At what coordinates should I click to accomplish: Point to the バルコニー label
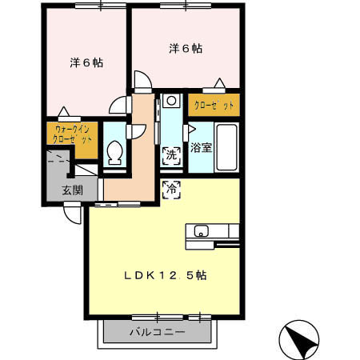pyautogui.click(x=157, y=332)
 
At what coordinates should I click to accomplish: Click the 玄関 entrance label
pyautogui.click(x=72, y=190)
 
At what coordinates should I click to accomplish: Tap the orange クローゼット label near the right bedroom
pyautogui.click(x=214, y=104)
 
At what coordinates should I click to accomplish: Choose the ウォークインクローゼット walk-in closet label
pyautogui.click(x=72, y=134)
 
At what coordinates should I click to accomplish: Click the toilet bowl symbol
pyautogui.click(x=114, y=153)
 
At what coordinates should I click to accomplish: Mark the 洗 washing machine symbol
pyautogui.click(x=171, y=154)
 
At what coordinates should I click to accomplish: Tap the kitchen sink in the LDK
pyautogui.click(x=200, y=233)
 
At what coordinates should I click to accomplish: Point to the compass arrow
pyautogui.click(x=299, y=340)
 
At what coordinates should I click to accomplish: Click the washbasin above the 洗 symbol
pyautogui.click(x=170, y=103)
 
